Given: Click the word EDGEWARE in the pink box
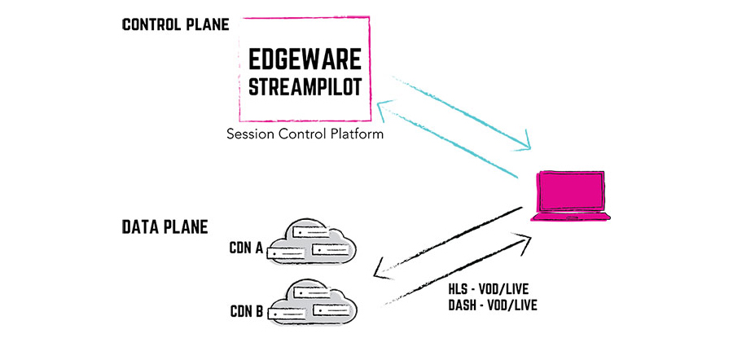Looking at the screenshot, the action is [x=305, y=59].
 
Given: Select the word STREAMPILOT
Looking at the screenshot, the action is [x=305, y=87].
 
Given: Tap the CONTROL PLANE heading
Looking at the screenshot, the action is [x=176, y=24].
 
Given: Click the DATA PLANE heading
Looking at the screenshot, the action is [x=165, y=226].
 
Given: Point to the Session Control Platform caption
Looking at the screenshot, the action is [x=305, y=134].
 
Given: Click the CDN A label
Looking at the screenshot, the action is [x=246, y=248].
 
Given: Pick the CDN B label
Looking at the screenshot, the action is [x=247, y=311].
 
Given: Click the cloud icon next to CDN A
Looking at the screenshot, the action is [x=312, y=241].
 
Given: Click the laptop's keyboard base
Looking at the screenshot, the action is [x=571, y=217].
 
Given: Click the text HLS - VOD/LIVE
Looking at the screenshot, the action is [x=488, y=288].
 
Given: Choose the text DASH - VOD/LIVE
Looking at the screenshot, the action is [x=493, y=305].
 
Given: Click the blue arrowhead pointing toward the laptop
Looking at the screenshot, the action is [x=524, y=142].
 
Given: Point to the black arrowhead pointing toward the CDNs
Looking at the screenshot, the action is [x=382, y=270].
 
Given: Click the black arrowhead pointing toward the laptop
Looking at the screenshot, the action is [x=523, y=239].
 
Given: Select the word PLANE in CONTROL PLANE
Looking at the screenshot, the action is [x=208, y=24].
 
